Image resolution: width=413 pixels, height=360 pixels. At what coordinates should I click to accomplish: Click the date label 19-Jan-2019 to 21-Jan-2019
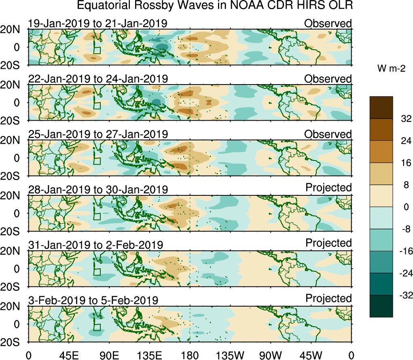point(98,23)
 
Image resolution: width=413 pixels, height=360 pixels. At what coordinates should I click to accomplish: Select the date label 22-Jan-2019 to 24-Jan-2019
point(98,78)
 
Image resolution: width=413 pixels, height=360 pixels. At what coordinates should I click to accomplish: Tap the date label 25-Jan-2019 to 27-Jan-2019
point(98,134)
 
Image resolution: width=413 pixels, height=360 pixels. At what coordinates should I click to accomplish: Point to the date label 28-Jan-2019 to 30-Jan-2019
point(98,189)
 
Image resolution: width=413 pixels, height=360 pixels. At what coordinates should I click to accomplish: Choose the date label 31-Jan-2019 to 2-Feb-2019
point(95,245)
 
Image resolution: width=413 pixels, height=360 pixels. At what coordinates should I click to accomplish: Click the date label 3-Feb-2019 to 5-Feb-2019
point(93,300)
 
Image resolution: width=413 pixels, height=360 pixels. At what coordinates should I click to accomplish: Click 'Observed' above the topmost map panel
point(328,23)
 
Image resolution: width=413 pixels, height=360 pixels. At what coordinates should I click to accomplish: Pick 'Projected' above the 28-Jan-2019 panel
point(328,188)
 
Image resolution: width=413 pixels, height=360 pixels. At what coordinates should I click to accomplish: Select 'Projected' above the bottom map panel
point(328,299)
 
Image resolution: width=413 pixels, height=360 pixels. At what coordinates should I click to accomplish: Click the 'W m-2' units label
point(392,69)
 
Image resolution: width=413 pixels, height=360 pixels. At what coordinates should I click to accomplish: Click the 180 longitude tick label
point(190,355)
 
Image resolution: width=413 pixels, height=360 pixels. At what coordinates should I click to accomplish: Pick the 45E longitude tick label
point(68,355)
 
